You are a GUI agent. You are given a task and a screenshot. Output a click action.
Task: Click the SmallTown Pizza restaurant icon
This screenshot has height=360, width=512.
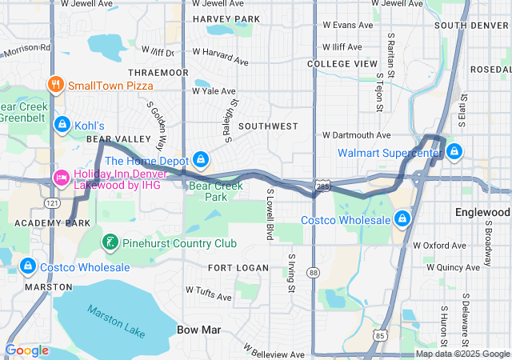[x=55, y=84]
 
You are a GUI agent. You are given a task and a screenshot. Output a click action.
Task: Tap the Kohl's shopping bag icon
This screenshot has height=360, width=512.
[x=62, y=125]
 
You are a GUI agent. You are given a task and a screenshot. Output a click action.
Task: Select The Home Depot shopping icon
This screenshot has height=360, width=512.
[x=202, y=161]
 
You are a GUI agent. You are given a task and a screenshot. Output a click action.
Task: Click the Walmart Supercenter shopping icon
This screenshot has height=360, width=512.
[x=454, y=151]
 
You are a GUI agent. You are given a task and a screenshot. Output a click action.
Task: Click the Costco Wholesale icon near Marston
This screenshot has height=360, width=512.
[x=28, y=266]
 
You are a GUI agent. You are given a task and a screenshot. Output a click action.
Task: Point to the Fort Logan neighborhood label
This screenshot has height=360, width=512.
[x=231, y=267]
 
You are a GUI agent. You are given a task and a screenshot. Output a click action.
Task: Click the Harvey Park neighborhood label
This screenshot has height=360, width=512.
[x=226, y=18]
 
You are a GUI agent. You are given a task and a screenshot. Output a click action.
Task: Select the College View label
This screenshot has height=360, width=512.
[x=342, y=63]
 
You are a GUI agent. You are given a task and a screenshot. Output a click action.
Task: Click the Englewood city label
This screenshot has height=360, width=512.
[x=482, y=213]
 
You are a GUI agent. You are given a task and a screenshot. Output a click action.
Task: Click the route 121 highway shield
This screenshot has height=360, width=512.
[x=50, y=204]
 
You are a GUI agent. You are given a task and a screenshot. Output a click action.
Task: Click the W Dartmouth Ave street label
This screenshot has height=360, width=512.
[x=356, y=135]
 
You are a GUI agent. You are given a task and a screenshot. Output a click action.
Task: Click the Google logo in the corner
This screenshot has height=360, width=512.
[x=26, y=350]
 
